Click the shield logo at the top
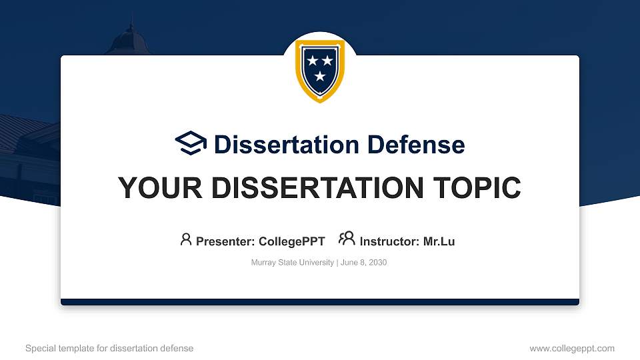(x=320, y=70)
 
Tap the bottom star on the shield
(x=320, y=77)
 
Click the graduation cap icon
(x=191, y=143)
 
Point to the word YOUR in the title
(x=150, y=188)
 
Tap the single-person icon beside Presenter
(x=186, y=239)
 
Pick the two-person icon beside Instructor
(x=347, y=239)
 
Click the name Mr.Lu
(x=439, y=241)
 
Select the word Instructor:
(x=389, y=241)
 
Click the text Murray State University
(x=292, y=263)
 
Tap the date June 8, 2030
(x=364, y=263)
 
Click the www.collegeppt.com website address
(x=572, y=349)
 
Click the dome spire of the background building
(x=131, y=30)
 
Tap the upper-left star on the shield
(x=312, y=61)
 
